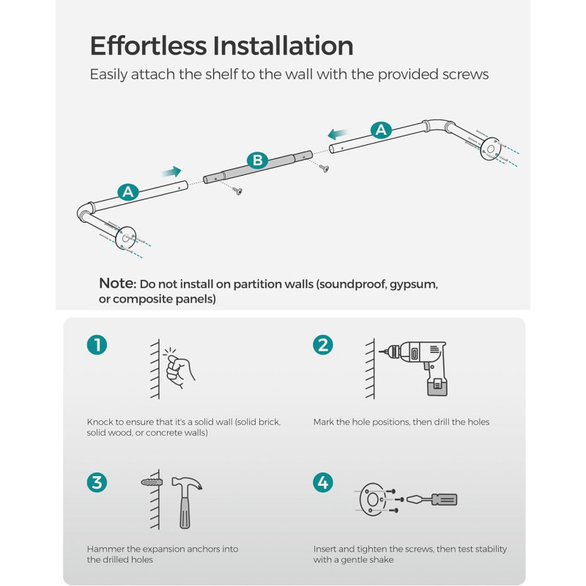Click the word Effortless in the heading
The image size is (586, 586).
[x=149, y=45]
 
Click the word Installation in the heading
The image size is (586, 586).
[x=283, y=45]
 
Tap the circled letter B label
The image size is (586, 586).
[x=258, y=160]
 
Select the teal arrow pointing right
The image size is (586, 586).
[x=171, y=171]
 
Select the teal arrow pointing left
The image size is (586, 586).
[x=338, y=133]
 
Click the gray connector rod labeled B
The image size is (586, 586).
[x=258, y=167]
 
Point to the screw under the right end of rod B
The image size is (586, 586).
[x=324, y=168]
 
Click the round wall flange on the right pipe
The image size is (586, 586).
[x=490, y=149]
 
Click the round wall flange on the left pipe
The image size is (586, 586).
[x=125, y=237]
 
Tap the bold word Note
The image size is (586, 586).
[x=118, y=283]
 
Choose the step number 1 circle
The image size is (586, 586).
[x=97, y=344]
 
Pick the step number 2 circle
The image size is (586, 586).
[x=323, y=344]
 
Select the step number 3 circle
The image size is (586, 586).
[x=97, y=482]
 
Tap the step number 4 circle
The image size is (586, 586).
[x=323, y=482]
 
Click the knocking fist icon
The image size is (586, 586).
[x=179, y=369]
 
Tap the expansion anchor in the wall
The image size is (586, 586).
[x=152, y=482]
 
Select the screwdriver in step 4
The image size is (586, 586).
[x=431, y=500]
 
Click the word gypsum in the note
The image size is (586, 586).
[x=413, y=285]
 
